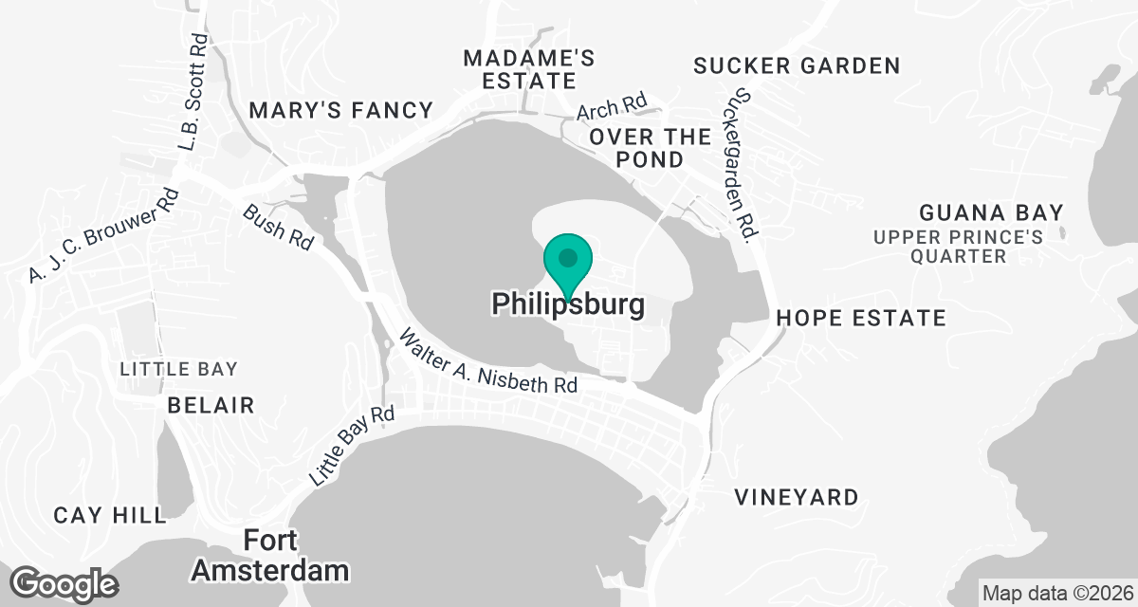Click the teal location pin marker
568,261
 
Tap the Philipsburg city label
568,304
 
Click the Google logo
64,581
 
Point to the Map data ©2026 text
1056,594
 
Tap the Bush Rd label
278,227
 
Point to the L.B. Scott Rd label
193,92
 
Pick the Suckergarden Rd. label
740,167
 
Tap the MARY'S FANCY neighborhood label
340,111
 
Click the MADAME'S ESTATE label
529,69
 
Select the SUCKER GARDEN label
797,65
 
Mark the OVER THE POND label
650,148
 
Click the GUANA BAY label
991,212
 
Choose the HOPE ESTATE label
861,318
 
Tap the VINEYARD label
797,497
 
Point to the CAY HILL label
110,515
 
